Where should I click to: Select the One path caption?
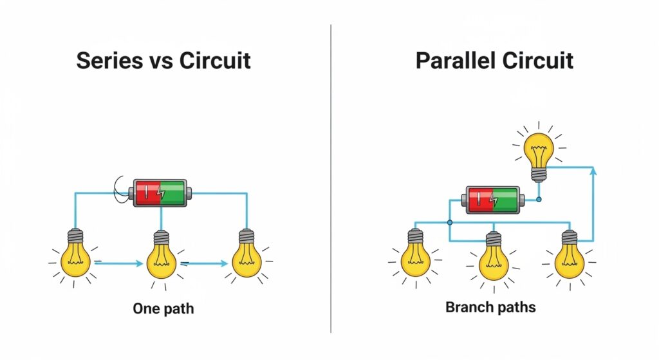[x=163, y=308]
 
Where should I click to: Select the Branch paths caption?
[x=490, y=307]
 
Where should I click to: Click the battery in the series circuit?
[x=162, y=193]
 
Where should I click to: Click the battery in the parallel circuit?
[x=492, y=199]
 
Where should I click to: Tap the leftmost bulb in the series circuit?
[x=77, y=256]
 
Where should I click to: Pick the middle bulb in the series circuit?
[x=162, y=256]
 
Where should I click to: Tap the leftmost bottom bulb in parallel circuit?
[x=415, y=256]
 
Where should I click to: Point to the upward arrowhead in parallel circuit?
[x=593, y=170]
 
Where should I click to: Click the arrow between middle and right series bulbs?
[x=206, y=263]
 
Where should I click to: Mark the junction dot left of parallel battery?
[x=449, y=222]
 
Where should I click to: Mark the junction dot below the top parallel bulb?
[x=539, y=200]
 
